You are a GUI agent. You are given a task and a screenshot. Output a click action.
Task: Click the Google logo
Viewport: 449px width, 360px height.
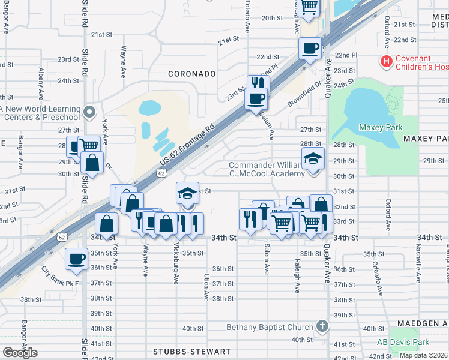pos(19,352)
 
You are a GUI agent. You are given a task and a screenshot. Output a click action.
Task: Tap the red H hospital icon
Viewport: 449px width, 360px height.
pos(387,61)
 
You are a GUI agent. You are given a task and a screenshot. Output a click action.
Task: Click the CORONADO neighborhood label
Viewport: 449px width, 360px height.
pos(191,74)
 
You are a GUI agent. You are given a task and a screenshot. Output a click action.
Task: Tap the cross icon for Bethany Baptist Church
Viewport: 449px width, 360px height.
pos(322,326)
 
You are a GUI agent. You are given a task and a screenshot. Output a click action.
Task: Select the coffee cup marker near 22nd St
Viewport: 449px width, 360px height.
pos(310,48)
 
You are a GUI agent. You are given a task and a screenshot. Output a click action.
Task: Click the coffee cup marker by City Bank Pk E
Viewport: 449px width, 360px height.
pos(76,258)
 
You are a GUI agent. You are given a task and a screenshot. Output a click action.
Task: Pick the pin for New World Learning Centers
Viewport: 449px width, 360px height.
pos(90,112)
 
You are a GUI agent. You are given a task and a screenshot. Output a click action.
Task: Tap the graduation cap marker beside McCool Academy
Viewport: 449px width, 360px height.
pos(313,159)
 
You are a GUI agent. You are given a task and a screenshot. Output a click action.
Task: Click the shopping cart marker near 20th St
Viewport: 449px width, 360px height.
pos(309,7)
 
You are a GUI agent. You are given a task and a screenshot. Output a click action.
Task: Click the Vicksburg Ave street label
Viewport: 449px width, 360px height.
pos(175,264)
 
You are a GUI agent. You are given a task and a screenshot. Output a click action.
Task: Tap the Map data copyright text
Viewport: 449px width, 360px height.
pos(423,355)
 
